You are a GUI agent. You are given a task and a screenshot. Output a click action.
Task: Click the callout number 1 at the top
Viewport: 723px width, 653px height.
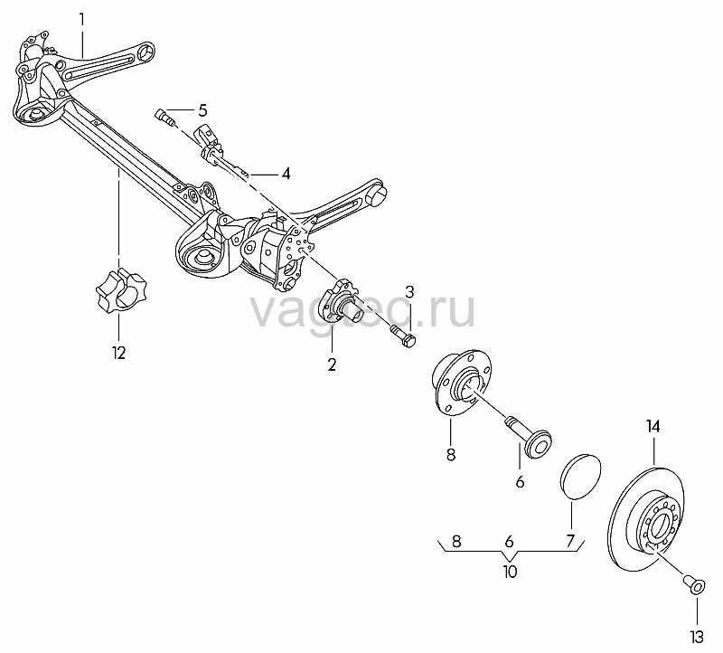(82, 20)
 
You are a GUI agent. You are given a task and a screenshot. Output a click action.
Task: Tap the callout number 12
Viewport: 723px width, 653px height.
(118, 353)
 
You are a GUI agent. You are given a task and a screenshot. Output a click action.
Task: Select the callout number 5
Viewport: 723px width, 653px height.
(202, 110)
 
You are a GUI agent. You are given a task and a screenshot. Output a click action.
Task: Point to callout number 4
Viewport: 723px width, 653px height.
(286, 174)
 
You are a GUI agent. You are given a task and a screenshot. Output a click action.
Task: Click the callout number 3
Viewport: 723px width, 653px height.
(409, 292)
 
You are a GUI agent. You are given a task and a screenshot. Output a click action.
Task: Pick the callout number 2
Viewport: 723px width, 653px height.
(332, 364)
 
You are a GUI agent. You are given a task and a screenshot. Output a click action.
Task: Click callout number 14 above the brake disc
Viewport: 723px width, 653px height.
(653, 426)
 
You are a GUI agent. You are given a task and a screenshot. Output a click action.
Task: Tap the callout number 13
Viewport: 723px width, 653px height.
(697, 638)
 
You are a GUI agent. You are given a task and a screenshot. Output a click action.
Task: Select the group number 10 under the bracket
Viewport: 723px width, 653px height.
(510, 573)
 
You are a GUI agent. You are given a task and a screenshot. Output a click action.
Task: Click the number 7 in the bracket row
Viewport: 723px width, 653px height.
(570, 540)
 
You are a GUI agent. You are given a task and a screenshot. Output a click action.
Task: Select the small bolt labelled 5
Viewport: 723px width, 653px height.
(166, 118)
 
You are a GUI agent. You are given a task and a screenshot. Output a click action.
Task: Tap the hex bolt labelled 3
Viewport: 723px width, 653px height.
(403, 336)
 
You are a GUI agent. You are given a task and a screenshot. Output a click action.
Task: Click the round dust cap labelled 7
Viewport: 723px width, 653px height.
(580, 478)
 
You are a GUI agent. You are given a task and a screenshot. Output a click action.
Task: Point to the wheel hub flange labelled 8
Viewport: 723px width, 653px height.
(461, 379)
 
